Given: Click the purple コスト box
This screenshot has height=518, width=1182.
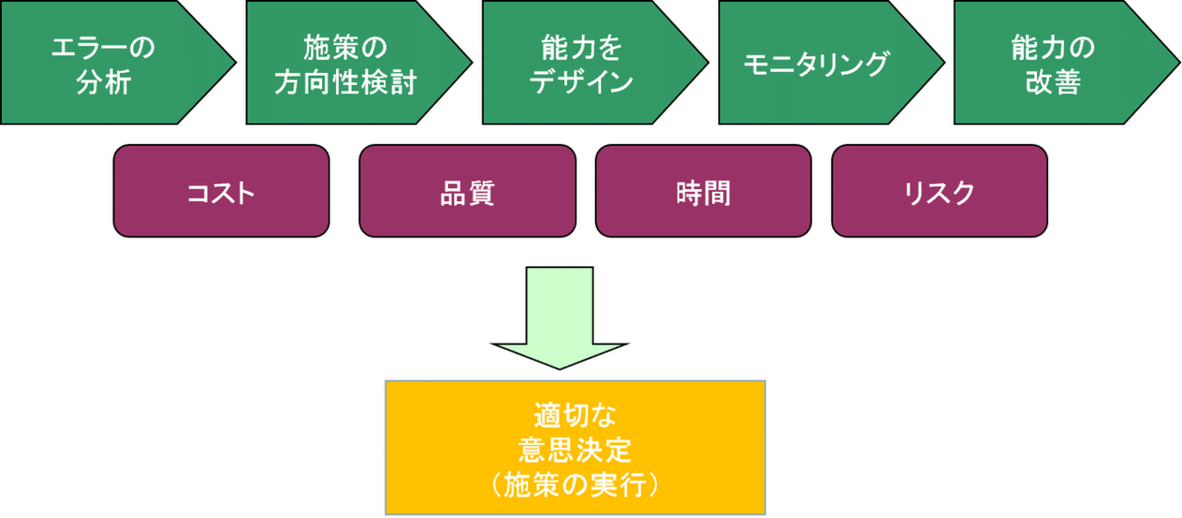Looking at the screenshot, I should tap(221, 191).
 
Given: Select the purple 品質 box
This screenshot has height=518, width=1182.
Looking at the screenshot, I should tap(467, 191).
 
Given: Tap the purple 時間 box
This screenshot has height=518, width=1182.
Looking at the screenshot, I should tap(703, 191).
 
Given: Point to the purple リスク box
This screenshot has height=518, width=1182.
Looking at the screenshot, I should tap(939, 191).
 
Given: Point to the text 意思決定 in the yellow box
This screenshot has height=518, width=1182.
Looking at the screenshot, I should tap(574, 450).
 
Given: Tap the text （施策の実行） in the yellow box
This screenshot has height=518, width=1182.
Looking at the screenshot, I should tap(574, 485).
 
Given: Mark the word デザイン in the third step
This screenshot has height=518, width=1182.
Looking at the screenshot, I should tap(581, 82).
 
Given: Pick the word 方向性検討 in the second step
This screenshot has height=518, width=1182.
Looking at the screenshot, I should tap(345, 82).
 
